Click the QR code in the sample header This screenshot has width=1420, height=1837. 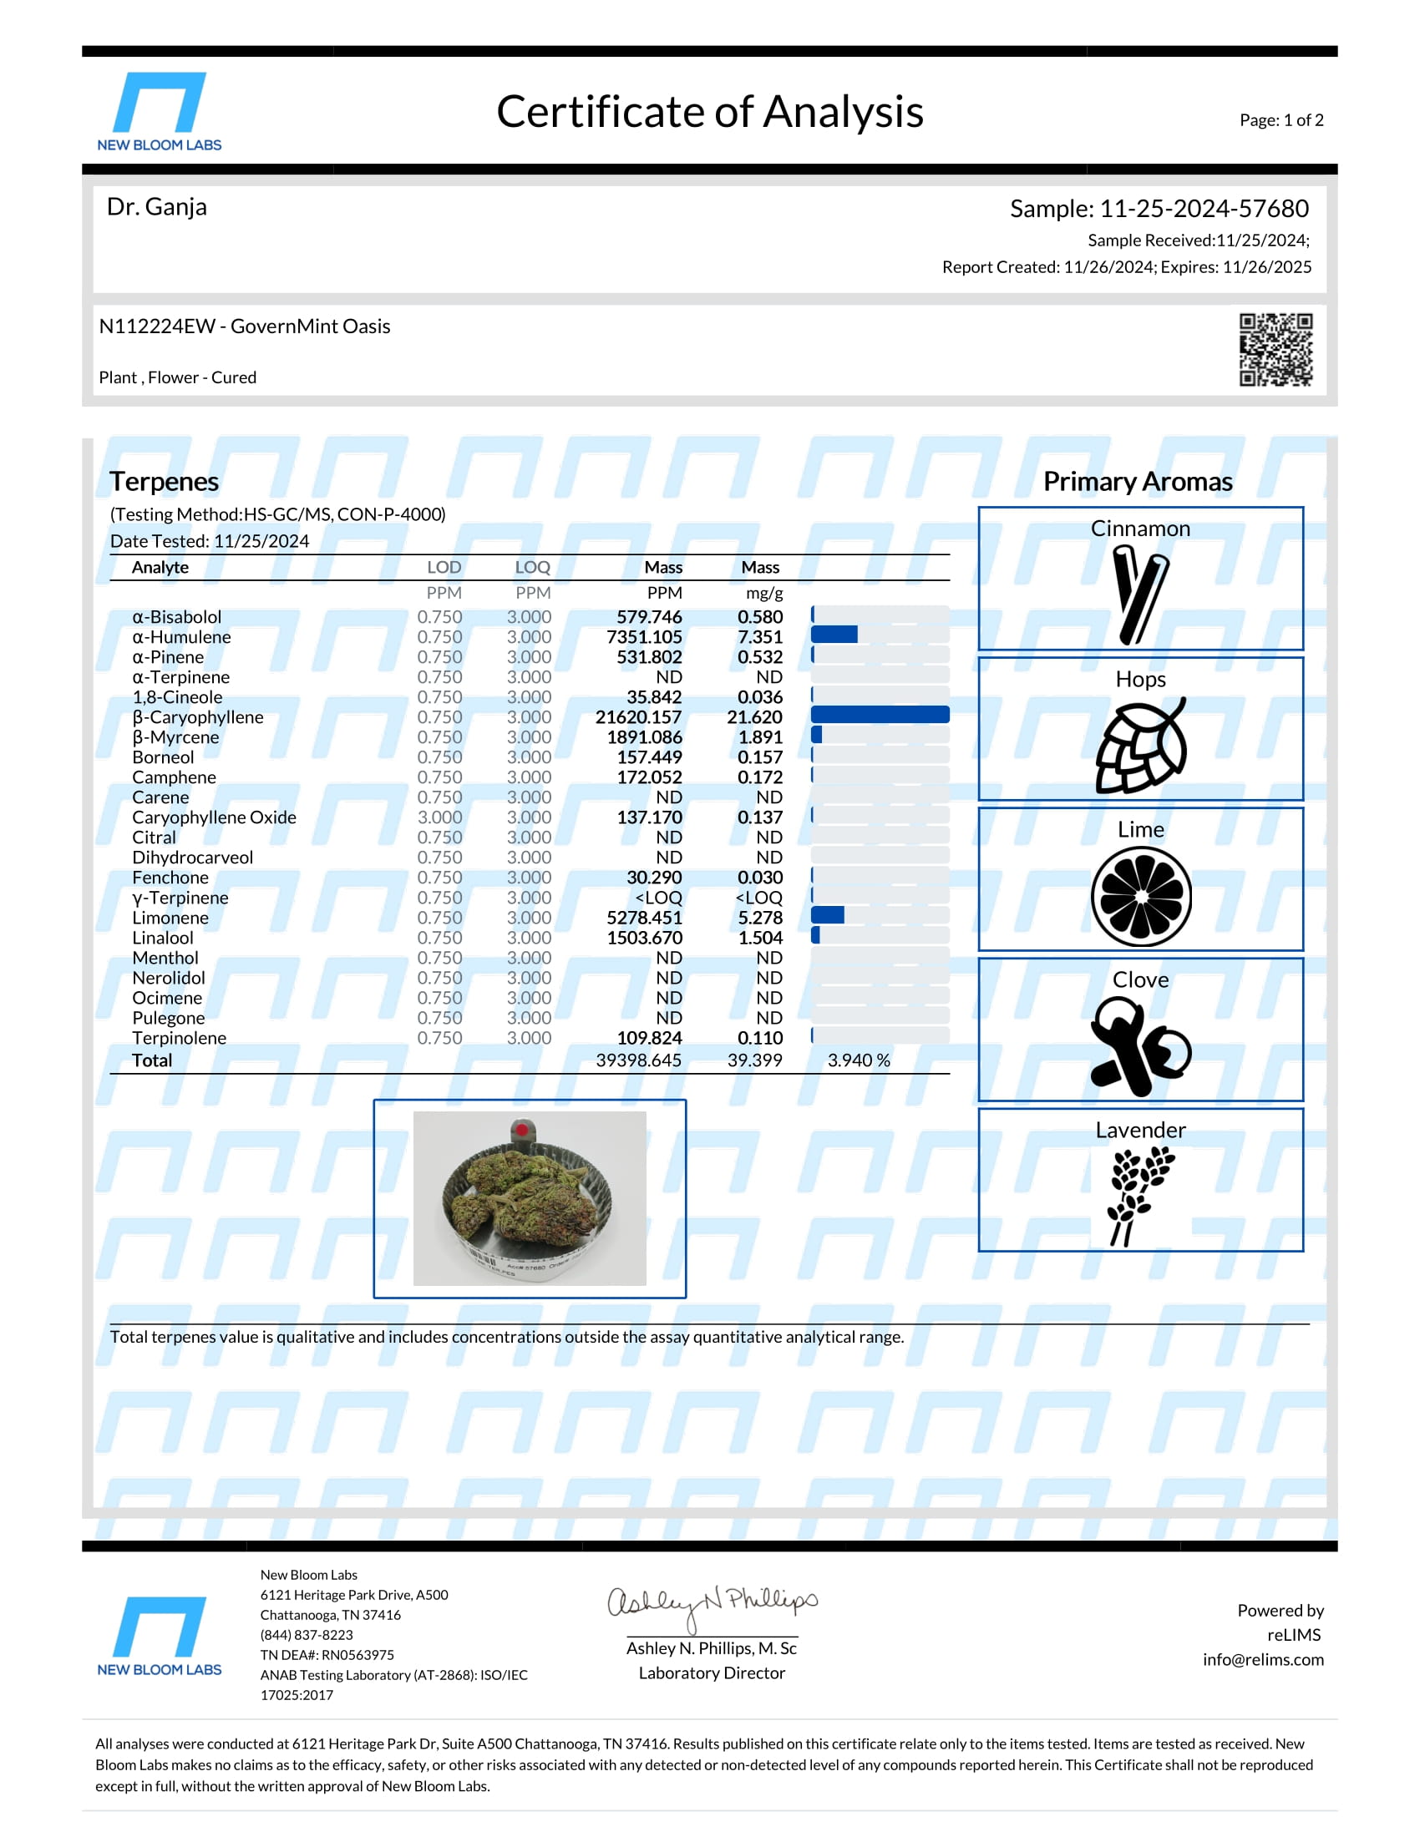click(1275, 349)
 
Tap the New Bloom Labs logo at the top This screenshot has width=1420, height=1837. click(159, 111)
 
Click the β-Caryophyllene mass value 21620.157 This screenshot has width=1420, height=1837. click(638, 717)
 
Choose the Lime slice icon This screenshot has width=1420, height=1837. click(1141, 897)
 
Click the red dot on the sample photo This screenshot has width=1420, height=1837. click(521, 1130)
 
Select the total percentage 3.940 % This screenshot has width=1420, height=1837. click(858, 1060)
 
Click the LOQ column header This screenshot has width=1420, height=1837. click(533, 568)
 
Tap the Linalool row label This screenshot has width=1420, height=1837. click(162, 938)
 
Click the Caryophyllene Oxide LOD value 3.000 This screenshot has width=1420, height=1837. click(440, 817)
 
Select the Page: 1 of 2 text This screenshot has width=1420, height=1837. click(1281, 120)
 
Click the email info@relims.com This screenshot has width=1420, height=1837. click(1263, 1659)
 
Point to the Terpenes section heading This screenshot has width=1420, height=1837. click(164, 482)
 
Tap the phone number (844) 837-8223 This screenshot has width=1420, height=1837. click(307, 1635)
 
